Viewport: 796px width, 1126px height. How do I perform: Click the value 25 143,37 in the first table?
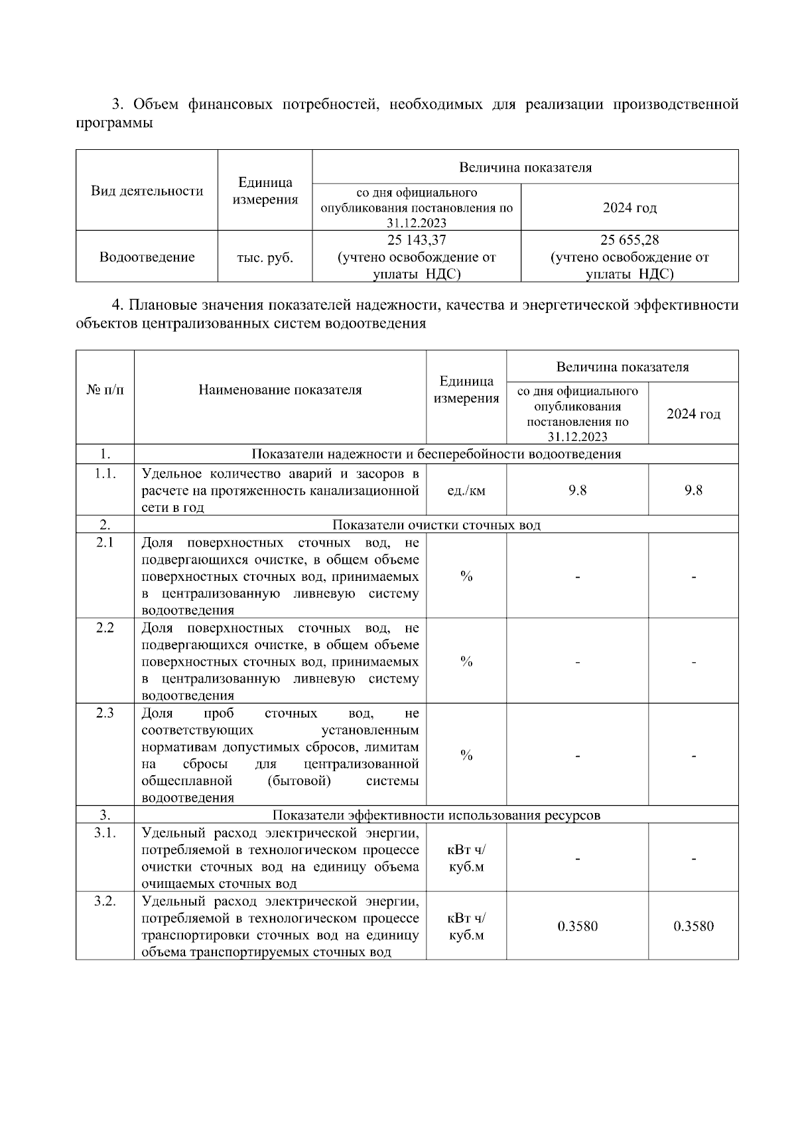point(417,240)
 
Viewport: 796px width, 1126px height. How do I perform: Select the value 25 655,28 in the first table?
point(630,240)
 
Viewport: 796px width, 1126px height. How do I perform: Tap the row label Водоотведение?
point(147,257)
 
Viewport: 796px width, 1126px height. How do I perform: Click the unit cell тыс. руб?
point(265,257)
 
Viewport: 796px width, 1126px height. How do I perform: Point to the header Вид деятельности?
point(147,191)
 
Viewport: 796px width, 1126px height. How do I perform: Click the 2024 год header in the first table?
point(630,208)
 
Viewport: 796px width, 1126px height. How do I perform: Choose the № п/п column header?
point(105,390)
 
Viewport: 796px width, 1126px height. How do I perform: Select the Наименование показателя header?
point(280,390)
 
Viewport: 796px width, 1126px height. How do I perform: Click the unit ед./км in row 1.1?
point(466,491)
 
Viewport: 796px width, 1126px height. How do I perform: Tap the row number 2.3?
point(105,713)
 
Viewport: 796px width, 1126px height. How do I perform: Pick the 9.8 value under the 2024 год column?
point(693,491)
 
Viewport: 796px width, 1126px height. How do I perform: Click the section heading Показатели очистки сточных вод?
point(436,525)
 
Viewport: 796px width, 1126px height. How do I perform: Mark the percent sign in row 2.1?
point(466,576)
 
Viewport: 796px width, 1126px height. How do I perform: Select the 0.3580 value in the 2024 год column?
point(693,926)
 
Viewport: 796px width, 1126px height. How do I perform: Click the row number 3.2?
point(105,901)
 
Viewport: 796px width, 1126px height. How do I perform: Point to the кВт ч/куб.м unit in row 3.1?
point(466,859)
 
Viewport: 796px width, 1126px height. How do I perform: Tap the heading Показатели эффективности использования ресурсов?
point(436,815)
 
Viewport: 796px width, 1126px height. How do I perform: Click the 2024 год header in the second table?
point(693,414)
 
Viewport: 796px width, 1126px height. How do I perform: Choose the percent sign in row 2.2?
point(466,662)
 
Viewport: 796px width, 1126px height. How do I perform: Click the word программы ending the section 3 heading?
point(114,123)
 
